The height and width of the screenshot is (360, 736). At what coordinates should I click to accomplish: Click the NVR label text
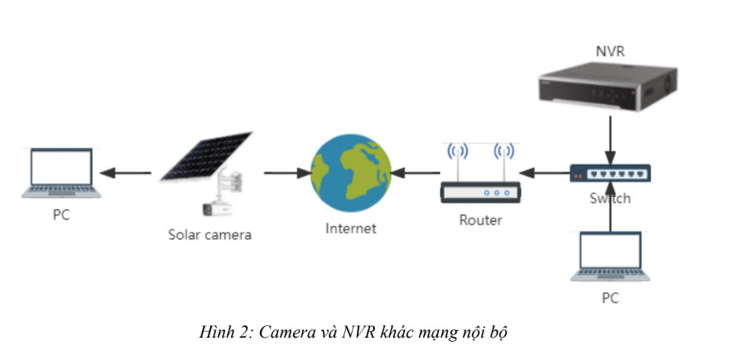tap(610, 52)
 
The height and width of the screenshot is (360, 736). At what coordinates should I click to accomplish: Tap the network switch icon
tap(610, 173)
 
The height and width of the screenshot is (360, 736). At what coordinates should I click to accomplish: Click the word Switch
tap(610, 198)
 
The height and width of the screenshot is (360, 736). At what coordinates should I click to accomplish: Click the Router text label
tap(480, 220)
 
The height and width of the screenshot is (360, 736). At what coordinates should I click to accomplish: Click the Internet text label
tap(350, 228)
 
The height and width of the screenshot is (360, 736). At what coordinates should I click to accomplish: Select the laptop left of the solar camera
tap(62, 173)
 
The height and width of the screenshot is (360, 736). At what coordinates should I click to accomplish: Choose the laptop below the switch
tap(610, 257)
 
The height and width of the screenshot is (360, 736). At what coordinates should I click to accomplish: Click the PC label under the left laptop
tap(61, 217)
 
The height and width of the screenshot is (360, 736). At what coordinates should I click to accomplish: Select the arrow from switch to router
tap(546, 173)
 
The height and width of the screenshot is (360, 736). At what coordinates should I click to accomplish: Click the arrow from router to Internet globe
tap(416, 173)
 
